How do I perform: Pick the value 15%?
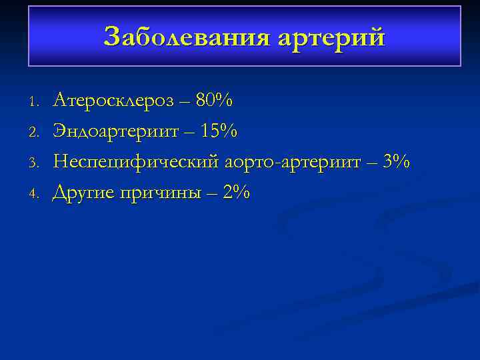[x=219, y=132]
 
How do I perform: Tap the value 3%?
[x=397, y=163]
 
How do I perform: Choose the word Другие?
[x=83, y=193]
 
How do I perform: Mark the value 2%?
[x=237, y=193]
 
